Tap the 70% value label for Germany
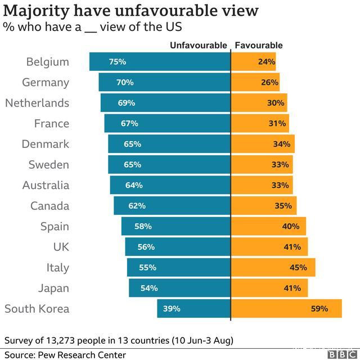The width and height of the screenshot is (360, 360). [125, 83]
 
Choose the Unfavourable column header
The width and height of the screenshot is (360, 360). [199, 46]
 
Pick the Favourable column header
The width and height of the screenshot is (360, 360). [258, 46]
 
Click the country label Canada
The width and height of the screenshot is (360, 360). [49, 206]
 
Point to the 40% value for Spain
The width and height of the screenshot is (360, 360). [291, 227]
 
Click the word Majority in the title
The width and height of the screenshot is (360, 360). [37, 11]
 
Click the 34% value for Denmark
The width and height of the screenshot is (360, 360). [281, 145]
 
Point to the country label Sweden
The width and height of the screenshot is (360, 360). [49, 165]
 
